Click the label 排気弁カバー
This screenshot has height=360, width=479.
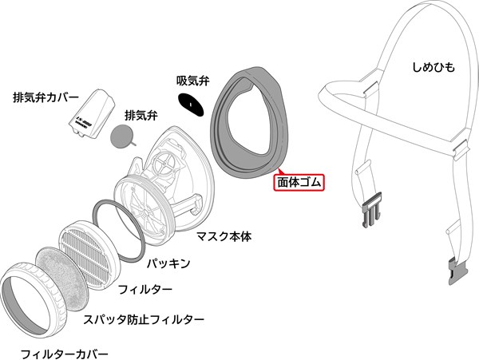pyautogui.click(x=46, y=97)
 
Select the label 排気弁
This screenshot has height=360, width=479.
pyautogui.click(x=141, y=116)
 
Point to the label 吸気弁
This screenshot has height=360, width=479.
pyautogui.click(x=193, y=81)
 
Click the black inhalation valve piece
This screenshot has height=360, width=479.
pyautogui.click(x=191, y=105)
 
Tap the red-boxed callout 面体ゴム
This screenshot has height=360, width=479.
pyautogui.click(x=299, y=183)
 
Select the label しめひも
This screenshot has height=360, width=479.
pyautogui.click(x=433, y=67)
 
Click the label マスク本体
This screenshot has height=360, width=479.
pyautogui.click(x=224, y=236)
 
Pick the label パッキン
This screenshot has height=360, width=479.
pyautogui.click(x=168, y=263)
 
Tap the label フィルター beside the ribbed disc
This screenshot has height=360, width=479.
pyautogui.click(x=145, y=289)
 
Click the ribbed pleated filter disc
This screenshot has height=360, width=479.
pyautogui.click(x=89, y=256)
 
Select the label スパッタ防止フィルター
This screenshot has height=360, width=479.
pyautogui.click(x=144, y=320)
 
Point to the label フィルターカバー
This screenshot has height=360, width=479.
pyautogui.click(x=65, y=354)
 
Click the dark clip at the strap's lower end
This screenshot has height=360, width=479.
pyautogui.click(x=459, y=271)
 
